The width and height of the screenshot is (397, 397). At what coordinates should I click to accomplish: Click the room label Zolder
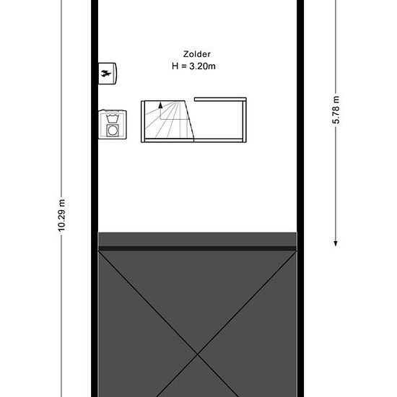(197, 54)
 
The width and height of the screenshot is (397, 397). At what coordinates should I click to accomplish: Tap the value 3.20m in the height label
(202, 66)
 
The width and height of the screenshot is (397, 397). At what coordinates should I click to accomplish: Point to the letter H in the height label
(175, 66)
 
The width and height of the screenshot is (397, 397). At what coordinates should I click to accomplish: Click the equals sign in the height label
(184, 66)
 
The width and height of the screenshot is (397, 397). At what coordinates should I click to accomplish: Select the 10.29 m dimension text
(61, 216)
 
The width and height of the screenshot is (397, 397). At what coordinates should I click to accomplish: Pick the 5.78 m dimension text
(336, 110)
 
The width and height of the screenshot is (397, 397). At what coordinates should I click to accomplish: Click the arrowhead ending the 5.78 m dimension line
(336, 243)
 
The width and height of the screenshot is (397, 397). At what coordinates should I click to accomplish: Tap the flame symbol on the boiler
(105, 74)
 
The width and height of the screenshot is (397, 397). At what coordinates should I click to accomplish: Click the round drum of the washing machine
(113, 131)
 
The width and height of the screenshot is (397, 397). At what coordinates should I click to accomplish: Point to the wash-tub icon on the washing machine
(112, 119)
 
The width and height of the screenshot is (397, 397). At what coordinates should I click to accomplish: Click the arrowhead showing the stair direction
(160, 105)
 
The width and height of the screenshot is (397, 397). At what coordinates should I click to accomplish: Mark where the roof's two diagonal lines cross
(197, 354)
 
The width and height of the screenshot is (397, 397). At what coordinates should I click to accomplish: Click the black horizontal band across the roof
(197, 248)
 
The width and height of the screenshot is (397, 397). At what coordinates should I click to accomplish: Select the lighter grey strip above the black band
(197, 239)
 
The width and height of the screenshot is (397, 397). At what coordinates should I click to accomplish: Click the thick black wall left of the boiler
(95, 74)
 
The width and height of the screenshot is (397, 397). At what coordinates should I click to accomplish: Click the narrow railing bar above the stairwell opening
(220, 100)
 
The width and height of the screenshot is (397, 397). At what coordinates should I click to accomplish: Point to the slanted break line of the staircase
(189, 120)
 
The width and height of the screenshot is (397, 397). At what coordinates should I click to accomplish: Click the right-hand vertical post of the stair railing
(245, 121)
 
